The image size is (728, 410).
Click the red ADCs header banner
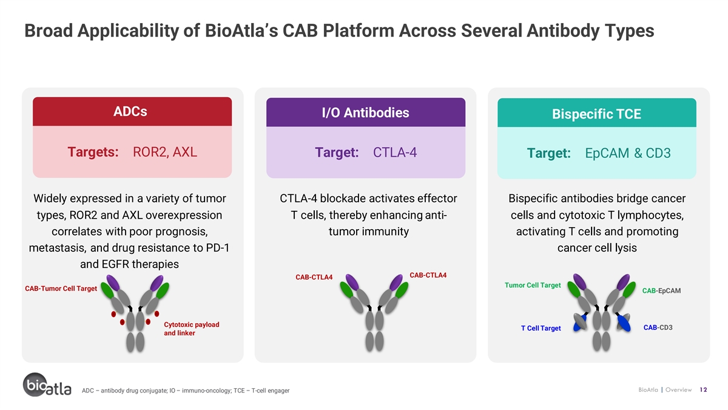[x=132, y=111]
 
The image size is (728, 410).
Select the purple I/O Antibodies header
[x=366, y=112]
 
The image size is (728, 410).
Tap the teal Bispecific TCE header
[x=597, y=113]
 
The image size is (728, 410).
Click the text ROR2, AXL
[x=165, y=152]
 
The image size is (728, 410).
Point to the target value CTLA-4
[x=394, y=152]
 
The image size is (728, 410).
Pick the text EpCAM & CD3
[x=627, y=153]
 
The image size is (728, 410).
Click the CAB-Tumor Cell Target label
[x=61, y=289]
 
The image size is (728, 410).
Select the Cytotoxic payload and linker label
[x=192, y=329]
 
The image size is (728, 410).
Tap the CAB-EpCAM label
[x=661, y=290]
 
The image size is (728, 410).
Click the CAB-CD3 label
[x=658, y=327]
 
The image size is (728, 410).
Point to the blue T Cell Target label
[x=541, y=328]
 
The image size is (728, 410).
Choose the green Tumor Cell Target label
[x=533, y=285]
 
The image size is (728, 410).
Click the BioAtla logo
[x=47, y=384]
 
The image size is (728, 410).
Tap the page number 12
[x=703, y=390]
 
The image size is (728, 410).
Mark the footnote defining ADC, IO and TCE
[x=186, y=391]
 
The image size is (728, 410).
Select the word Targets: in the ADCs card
[x=93, y=152]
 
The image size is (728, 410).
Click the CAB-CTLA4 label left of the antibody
[x=314, y=277]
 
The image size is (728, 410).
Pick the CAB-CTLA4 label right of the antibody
[x=428, y=275]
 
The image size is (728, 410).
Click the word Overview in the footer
[x=679, y=390]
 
